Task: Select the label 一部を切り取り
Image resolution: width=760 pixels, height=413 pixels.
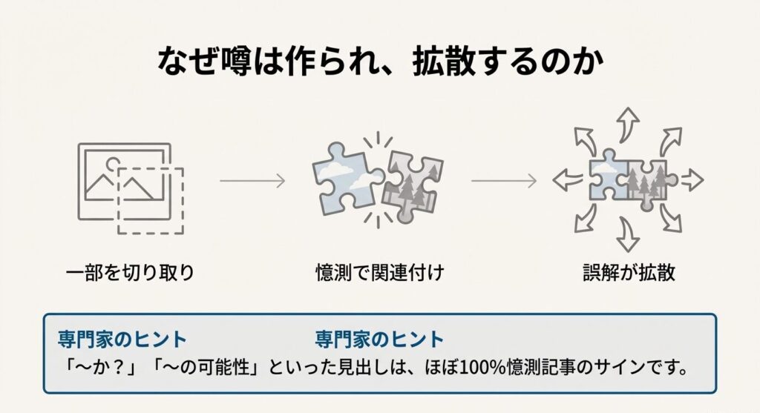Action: (130, 272)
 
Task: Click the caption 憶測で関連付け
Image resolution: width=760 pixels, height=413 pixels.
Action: (379, 272)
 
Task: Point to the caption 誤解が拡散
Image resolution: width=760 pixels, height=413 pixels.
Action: (629, 272)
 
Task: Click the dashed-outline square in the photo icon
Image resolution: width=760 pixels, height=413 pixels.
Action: (151, 200)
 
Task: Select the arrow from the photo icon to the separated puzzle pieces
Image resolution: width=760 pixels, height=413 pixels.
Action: (252, 180)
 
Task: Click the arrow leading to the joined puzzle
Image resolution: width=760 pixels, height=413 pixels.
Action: (503, 180)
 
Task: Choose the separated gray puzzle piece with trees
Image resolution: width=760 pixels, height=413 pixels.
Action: (410, 188)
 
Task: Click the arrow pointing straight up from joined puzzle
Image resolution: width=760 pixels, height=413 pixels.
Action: (629, 122)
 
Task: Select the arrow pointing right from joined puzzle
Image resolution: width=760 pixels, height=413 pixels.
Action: (691, 179)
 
